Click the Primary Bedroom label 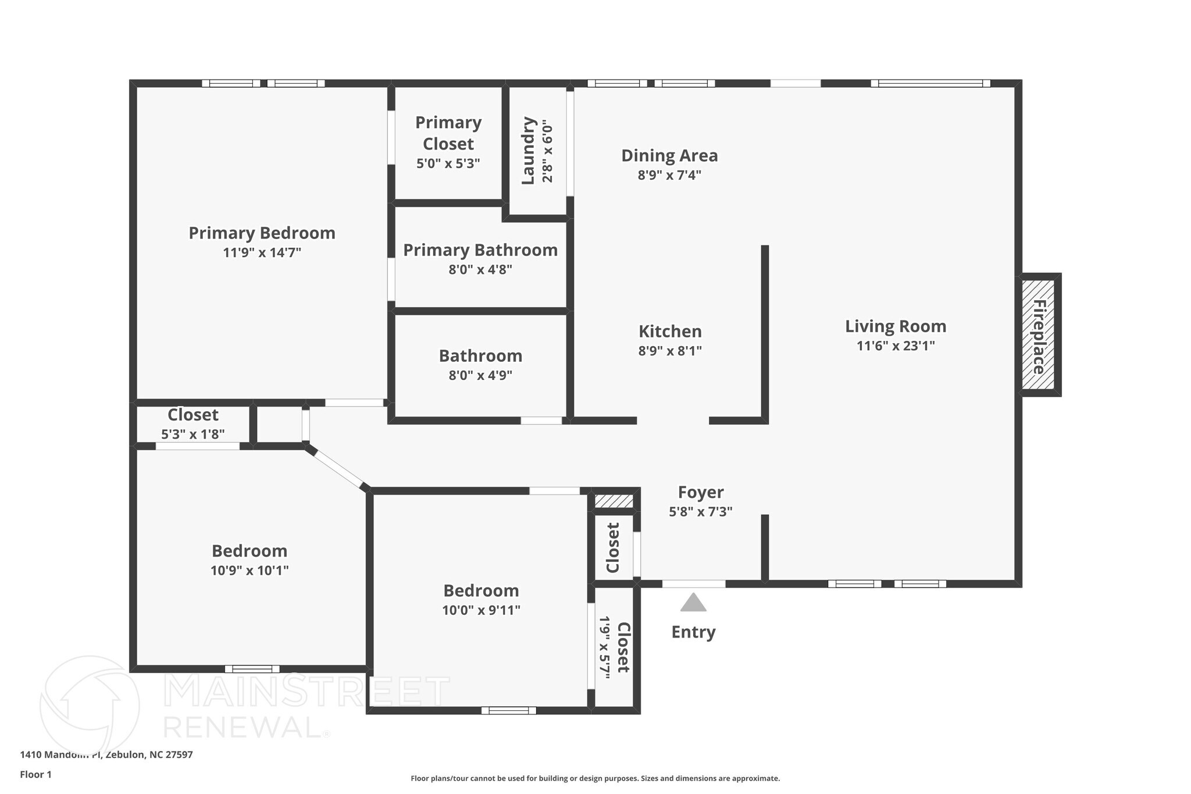click(x=262, y=233)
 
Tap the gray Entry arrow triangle click(x=693, y=603)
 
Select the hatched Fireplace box click(x=1039, y=335)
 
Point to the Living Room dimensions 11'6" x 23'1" click(x=896, y=346)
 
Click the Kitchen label click(x=670, y=332)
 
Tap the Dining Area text click(x=669, y=156)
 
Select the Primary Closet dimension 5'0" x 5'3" click(x=448, y=163)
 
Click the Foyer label click(x=701, y=493)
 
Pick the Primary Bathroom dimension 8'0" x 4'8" click(x=480, y=270)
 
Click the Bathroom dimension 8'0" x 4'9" click(x=480, y=376)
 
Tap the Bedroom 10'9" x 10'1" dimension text click(x=249, y=571)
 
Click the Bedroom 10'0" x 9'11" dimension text click(x=481, y=610)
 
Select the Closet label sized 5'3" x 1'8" click(x=192, y=415)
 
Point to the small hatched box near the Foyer click(x=614, y=501)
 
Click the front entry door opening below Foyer click(x=693, y=583)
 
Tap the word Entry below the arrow click(x=693, y=632)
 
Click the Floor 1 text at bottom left click(x=36, y=774)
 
